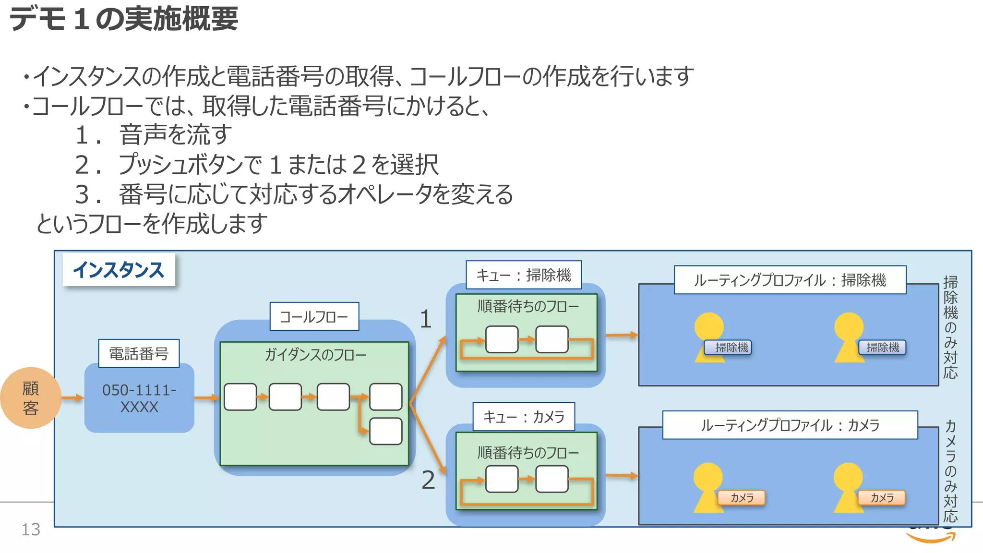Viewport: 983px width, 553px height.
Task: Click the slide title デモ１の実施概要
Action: pyautogui.click(x=124, y=19)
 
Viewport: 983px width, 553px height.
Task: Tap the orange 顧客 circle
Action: pyautogui.click(x=31, y=398)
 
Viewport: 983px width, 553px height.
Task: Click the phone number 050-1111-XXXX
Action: pyautogui.click(x=139, y=398)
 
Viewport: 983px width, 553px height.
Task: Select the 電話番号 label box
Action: pyautogui.click(x=139, y=354)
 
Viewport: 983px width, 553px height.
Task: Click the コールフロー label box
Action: pyautogui.click(x=314, y=317)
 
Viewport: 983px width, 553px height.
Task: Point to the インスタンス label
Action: pyautogui.click(x=119, y=270)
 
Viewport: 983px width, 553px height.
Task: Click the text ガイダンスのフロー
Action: pyautogui.click(x=315, y=355)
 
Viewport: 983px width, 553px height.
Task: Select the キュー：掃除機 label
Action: pyautogui.click(x=524, y=275)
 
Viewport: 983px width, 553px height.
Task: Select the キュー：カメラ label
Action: pyautogui.click(x=524, y=417)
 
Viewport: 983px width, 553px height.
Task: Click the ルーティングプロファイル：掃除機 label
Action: pyautogui.click(x=790, y=280)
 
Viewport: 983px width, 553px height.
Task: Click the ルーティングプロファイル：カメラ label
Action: pyautogui.click(x=790, y=425)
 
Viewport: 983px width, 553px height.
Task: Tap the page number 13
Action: pyautogui.click(x=31, y=529)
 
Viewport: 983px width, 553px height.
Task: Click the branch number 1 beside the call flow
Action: pyautogui.click(x=426, y=319)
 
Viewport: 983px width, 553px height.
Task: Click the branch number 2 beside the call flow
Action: pyautogui.click(x=428, y=480)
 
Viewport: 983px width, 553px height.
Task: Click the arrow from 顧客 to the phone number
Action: pyautogui.click(x=72, y=398)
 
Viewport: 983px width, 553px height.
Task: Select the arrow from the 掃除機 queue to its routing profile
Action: pyautogui.click(x=622, y=335)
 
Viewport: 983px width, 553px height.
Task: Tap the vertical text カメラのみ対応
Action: pyautogui.click(x=950, y=470)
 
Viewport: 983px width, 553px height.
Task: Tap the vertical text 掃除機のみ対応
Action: pyautogui.click(x=950, y=327)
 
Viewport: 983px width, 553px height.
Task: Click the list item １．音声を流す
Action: pyautogui.click(x=154, y=135)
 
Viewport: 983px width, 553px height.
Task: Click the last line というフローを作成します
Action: pyautogui.click(x=152, y=224)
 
